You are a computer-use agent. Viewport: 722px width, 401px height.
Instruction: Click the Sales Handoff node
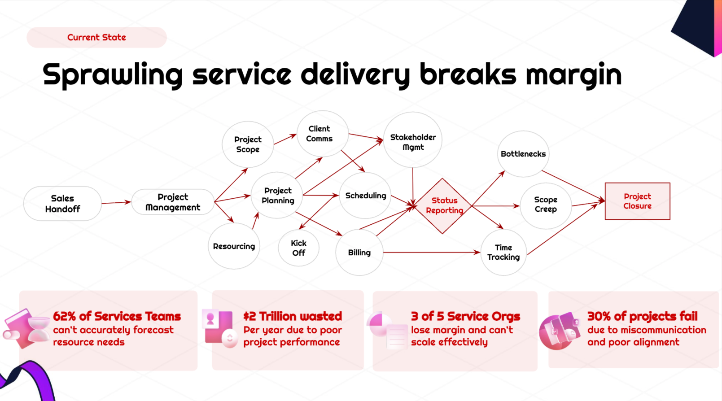coord(62,204)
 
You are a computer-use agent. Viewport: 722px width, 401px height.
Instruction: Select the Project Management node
coord(173,202)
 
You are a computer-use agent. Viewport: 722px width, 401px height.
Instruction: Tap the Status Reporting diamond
coord(442,206)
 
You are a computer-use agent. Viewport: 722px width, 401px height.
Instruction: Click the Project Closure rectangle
coord(638,201)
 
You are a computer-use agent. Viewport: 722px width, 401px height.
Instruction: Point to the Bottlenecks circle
coord(523,154)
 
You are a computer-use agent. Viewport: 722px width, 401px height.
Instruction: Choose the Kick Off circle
coord(299,248)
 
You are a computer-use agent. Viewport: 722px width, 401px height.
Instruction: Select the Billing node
coord(359,253)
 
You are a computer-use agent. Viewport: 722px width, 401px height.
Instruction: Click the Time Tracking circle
coord(503,253)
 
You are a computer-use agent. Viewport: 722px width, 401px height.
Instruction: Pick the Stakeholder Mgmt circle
coord(413,140)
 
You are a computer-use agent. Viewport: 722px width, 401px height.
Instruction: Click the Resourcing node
coord(234,246)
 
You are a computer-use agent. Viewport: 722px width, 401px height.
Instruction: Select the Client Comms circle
coord(322,134)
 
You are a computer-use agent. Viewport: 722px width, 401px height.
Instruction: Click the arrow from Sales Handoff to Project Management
coord(116,203)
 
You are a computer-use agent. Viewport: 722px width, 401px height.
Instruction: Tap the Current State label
coord(96,37)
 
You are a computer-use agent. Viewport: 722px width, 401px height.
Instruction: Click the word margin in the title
coord(574,76)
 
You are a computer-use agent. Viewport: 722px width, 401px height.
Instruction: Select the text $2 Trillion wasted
coord(293,316)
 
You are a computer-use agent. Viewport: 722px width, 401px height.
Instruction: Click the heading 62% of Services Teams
coord(117,316)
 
